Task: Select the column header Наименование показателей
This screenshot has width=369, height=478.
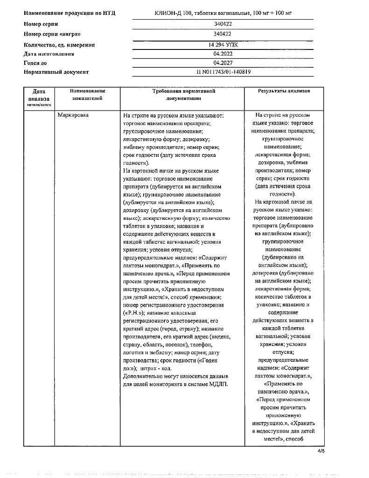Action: (87, 94)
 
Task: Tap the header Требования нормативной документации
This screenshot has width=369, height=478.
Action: (183, 94)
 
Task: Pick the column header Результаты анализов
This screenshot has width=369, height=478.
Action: (284, 91)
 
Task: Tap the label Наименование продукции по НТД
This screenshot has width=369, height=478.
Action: (69, 13)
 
